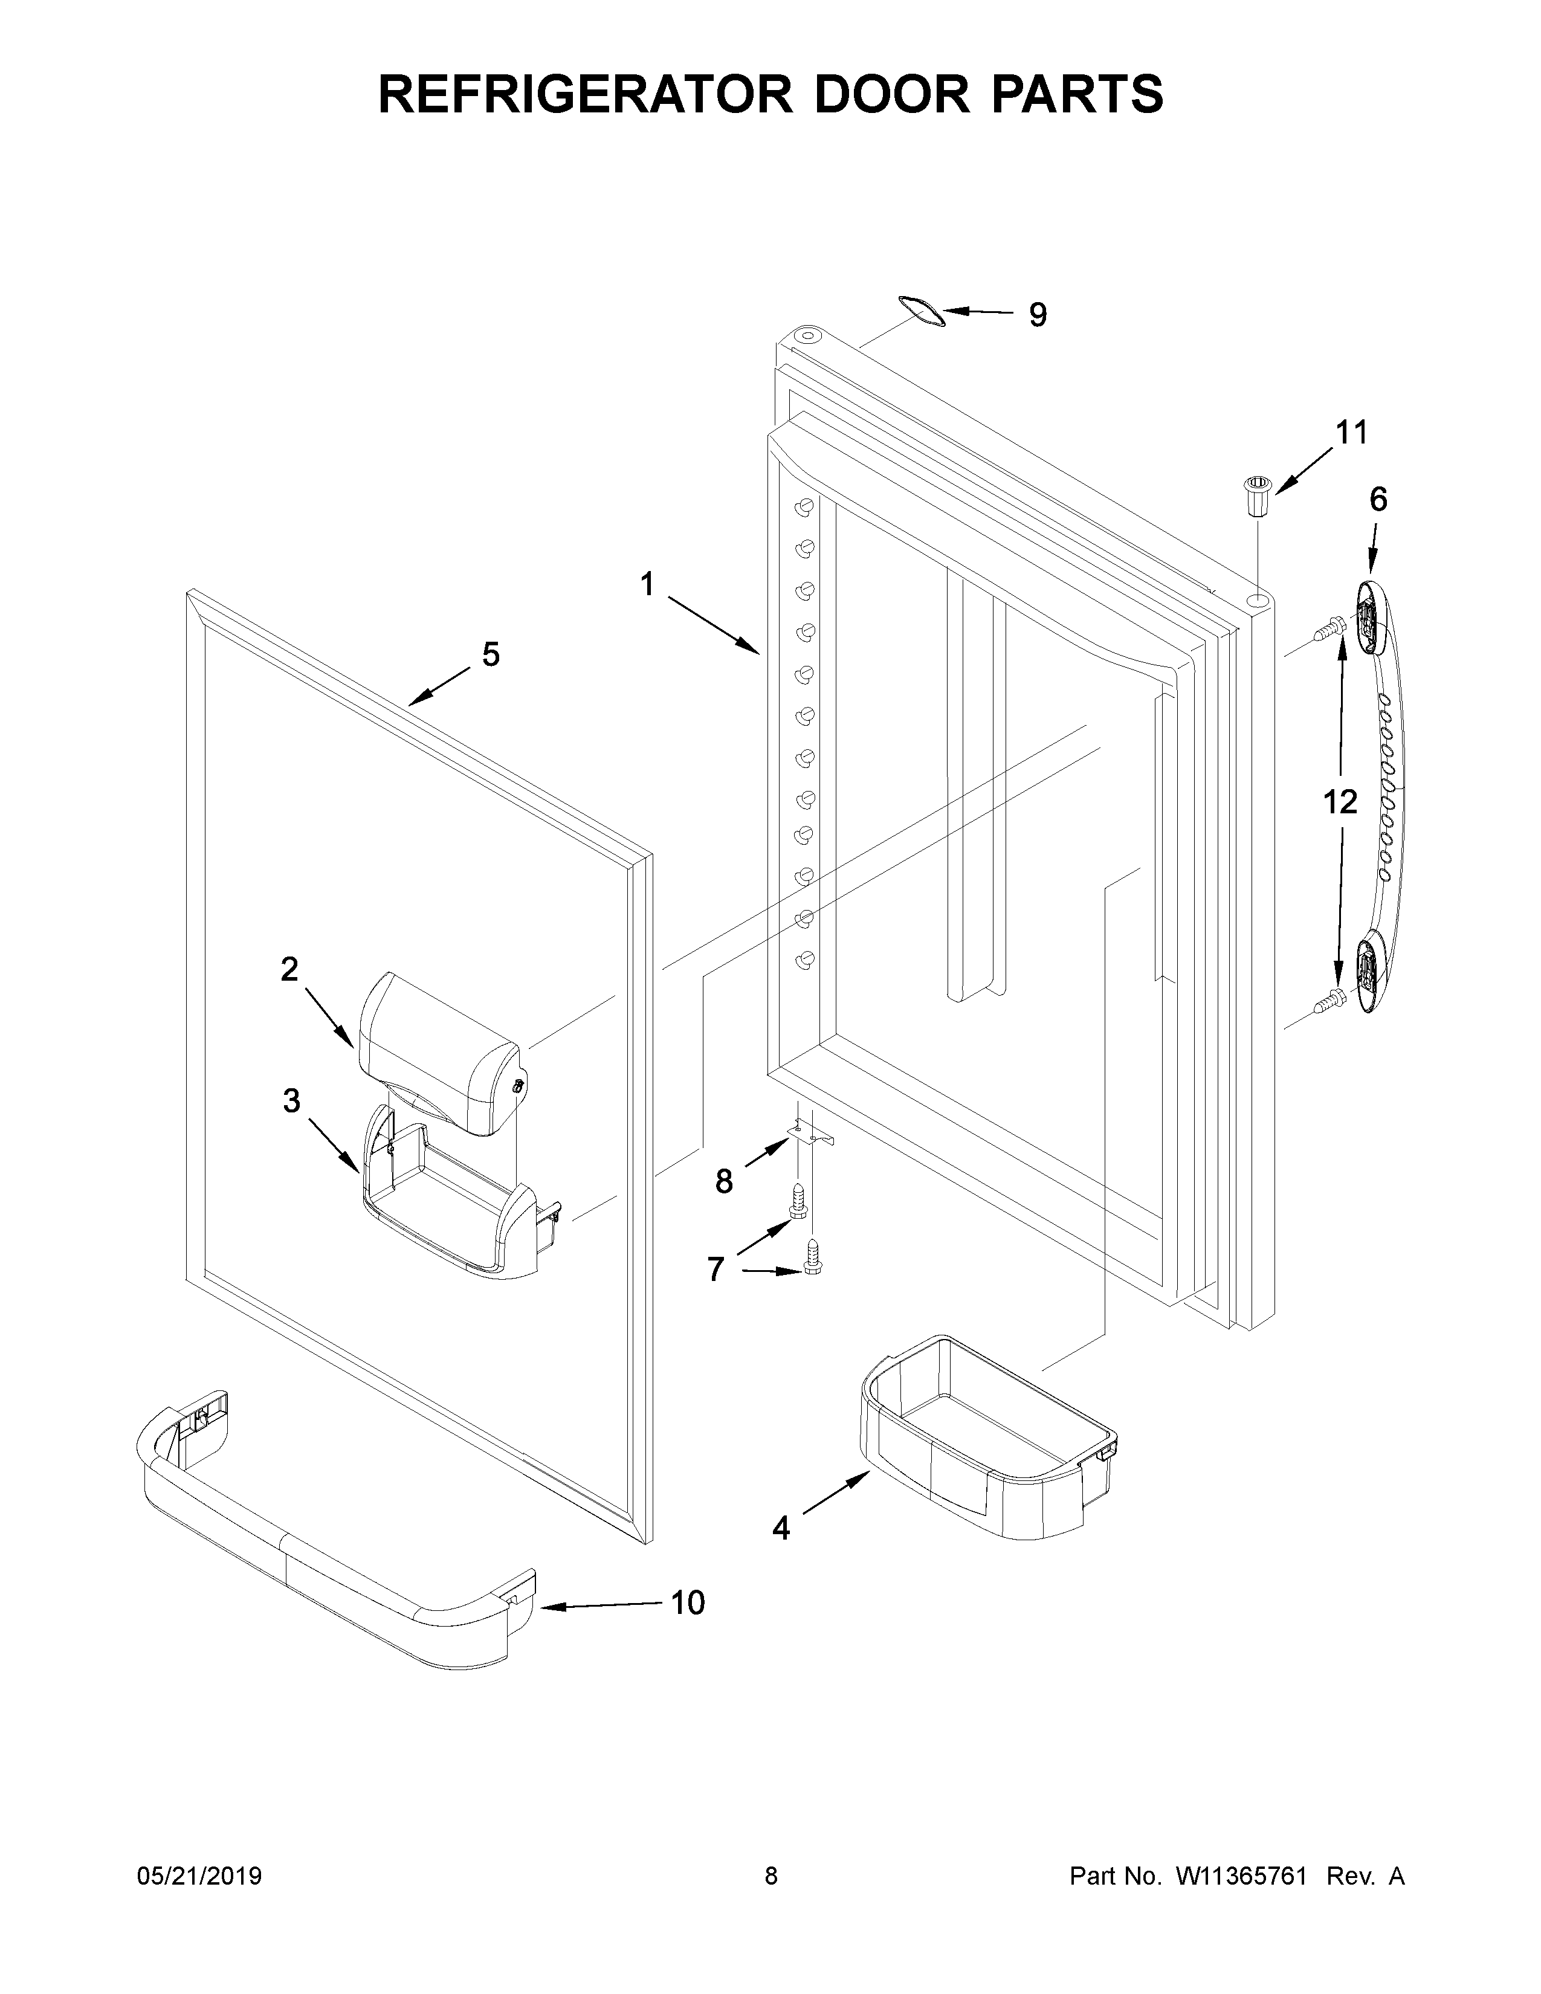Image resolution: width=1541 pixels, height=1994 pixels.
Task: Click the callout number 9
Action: pyautogui.click(x=1038, y=315)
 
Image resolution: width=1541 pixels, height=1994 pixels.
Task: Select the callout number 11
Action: pyautogui.click(x=1352, y=433)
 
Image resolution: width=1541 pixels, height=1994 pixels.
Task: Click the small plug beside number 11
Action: pyautogui.click(x=1257, y=495)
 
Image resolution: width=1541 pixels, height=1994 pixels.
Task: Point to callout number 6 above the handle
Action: pyautogui.click(x=1378, y=500)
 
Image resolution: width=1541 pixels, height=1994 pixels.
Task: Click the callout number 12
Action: pyautogui.click(x=1340, y=802)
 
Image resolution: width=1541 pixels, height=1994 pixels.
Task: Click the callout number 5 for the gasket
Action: pyautogui.click(x=491, y=654)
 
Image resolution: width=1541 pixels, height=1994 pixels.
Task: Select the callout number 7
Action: pyautogui.click(x=716, y=1268)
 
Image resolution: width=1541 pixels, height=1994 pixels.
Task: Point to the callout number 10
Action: pyautogui.click(x=688, y=1602)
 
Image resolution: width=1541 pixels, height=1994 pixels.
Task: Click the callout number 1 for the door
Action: pyautogui.click(x=647, y=584)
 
